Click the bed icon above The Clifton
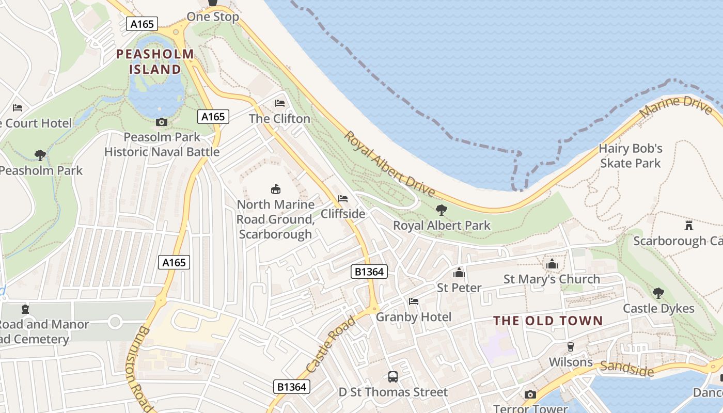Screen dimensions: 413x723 pos(280,103)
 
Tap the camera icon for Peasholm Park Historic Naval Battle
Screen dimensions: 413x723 pos(162,122)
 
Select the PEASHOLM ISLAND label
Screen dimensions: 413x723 pos(155,61)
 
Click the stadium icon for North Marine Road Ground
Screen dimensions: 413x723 pos(276,189)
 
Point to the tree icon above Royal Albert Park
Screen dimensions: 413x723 pos(442,210)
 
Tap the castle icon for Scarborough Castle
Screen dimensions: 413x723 pos(688,226)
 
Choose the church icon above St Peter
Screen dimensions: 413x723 pos(459,273)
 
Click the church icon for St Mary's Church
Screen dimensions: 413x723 pos(552,264)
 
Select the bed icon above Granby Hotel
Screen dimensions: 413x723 pos(414,301)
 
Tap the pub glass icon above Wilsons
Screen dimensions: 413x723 pos(571,347)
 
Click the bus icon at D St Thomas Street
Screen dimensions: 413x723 pos(393,377)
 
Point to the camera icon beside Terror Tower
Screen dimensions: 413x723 pos(530,395)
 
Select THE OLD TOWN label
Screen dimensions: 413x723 pos(548,321)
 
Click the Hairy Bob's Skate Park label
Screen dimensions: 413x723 pos(630,156)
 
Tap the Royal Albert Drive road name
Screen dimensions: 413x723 pos(390,164)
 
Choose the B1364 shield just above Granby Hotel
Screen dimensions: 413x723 pos(369,272)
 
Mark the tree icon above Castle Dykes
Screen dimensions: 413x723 pos(658,293)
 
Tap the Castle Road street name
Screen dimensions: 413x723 pos(331,344)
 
